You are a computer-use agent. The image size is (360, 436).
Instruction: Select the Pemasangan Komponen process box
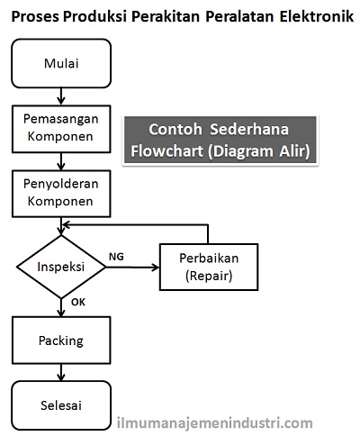61,127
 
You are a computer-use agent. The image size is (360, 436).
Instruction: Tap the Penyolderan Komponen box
61,192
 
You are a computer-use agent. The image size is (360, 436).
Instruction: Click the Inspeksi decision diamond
61,268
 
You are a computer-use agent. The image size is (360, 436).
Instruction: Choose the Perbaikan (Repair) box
208,267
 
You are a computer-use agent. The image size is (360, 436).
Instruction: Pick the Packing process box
61,341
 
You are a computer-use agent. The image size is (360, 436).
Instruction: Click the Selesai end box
61,405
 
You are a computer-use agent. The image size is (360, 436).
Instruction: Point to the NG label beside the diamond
116,257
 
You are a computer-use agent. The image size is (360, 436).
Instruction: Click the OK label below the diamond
77,304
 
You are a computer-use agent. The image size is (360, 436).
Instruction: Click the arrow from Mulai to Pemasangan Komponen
61,95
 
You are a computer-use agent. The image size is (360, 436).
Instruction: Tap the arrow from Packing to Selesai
61,372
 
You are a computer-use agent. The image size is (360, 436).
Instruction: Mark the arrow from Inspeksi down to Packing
61,308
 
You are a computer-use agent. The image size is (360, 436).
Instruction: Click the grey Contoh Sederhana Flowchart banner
220,140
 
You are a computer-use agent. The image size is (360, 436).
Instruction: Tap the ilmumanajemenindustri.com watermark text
216,422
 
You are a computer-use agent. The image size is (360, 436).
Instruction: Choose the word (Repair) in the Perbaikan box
208,276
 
